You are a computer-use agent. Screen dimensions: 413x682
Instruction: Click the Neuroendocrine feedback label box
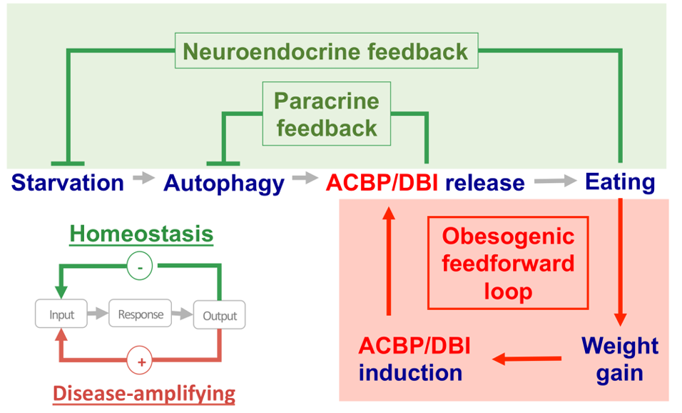point(326,51)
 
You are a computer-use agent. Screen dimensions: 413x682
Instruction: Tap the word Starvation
point(68,182)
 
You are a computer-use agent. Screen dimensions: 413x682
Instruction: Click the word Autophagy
point(224,183)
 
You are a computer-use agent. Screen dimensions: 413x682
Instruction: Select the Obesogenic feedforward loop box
point(507,263)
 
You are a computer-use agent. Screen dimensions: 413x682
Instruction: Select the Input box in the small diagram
point(61,314)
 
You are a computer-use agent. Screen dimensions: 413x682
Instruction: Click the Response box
point(141,314)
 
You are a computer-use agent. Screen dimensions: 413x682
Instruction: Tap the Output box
point(220,315)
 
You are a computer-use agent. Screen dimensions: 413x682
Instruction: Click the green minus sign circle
point(141,267)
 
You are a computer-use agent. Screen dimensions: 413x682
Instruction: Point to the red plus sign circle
point(141,362)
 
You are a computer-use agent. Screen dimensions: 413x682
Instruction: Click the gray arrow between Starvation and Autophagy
point(144,179)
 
